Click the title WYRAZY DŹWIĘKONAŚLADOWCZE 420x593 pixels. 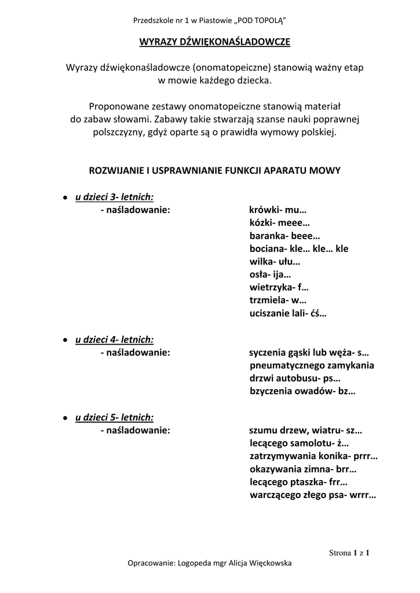click(214, 42)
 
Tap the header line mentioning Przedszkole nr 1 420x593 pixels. click(210, 21)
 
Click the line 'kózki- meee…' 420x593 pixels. click(280, 223)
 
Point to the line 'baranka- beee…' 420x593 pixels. click(284, 236)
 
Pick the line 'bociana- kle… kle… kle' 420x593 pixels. click(299, 249)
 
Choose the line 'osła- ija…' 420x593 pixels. click(270, 274)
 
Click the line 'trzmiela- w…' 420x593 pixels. click(277, 301)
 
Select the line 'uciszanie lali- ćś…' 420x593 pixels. click(288, 314)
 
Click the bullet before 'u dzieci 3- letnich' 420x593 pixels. click(66, 197)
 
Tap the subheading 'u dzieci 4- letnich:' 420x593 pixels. click(114, 340)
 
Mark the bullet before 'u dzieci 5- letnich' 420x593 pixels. click(66, 418)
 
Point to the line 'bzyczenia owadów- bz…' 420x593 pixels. click(302, 391)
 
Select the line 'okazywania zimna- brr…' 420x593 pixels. click(303, 470)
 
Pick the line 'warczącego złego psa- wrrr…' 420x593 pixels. click(313, 495)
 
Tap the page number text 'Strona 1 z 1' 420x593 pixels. click(349, 552)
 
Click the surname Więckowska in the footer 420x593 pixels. click(266, 563)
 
